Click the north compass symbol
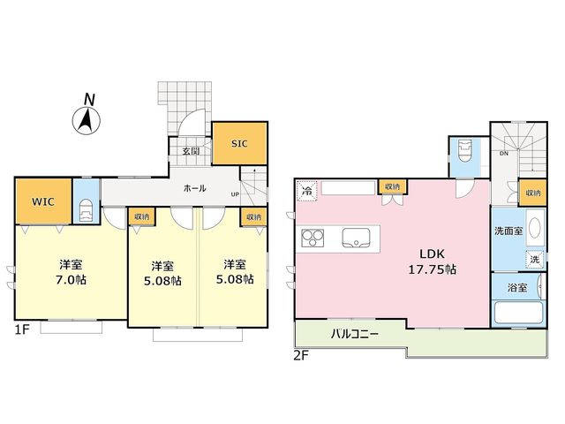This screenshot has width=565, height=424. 87,116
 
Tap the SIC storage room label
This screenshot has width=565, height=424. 239,144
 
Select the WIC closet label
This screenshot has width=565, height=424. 43,201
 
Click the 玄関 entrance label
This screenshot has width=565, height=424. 191,151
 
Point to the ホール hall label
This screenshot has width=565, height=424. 195,188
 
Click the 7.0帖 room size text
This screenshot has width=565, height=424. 71,280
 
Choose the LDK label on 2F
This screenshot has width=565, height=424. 432,254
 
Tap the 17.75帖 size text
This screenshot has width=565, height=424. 432,269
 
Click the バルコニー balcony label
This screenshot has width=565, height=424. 355,334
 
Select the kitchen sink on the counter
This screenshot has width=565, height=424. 356,238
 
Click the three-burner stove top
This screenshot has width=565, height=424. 313,238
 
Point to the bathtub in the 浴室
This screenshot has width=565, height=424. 518,312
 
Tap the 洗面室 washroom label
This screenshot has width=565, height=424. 508,231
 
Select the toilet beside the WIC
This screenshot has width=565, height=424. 87,212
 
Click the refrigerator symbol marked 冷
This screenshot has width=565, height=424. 306,190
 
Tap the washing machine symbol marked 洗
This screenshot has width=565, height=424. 535,259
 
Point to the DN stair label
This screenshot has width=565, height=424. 504,154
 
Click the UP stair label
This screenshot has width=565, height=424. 235,194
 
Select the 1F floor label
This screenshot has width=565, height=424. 21,329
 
